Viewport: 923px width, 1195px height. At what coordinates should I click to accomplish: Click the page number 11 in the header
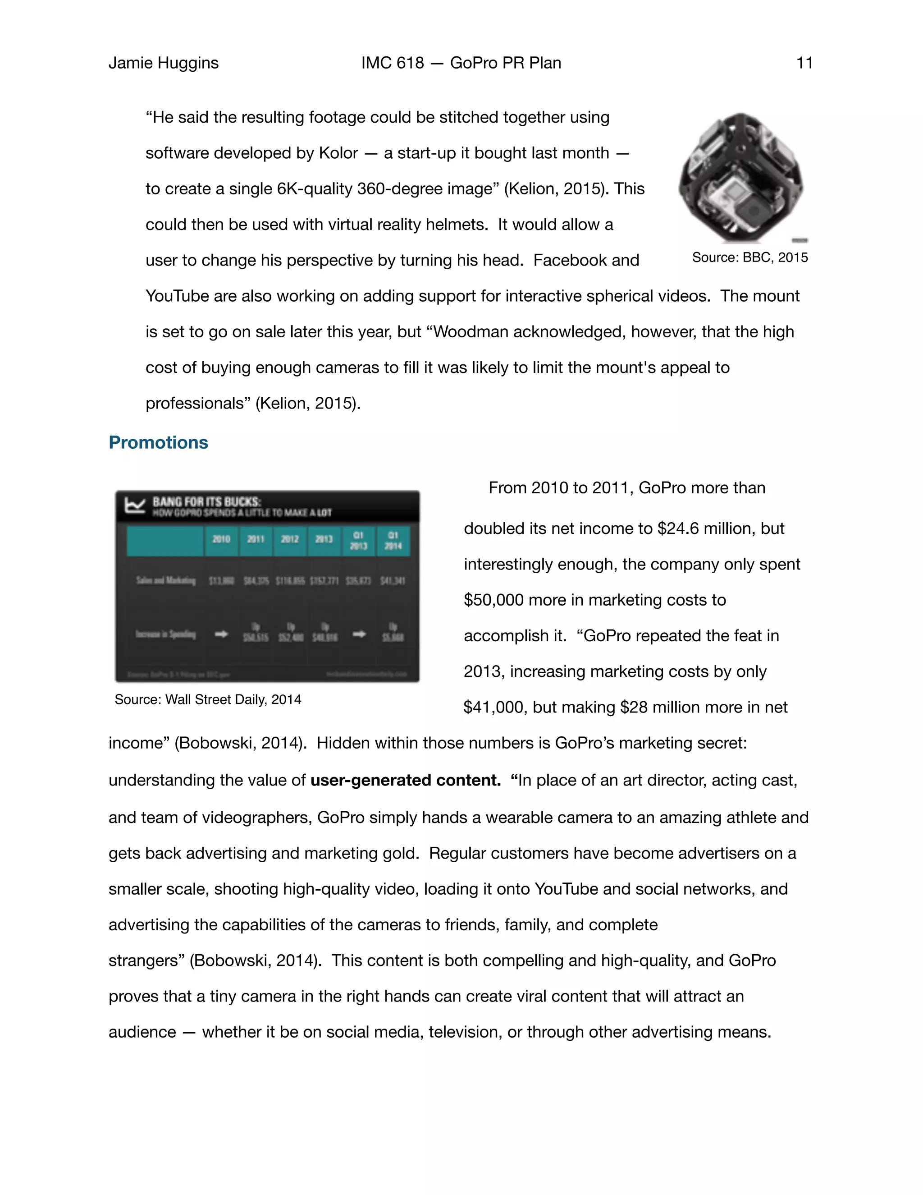click(x=804, y=63)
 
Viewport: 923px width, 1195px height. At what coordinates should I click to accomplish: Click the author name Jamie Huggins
click(x=164, y=63)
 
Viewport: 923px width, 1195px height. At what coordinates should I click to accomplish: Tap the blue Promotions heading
click(x=158, y=442)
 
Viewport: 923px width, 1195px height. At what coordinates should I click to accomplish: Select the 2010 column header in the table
click(x=221, y=539)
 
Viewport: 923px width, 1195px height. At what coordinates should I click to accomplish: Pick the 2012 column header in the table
click(x=290, y=539)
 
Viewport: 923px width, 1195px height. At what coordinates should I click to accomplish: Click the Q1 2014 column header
click(x=393, y=540)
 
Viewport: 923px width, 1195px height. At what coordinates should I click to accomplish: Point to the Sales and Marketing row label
click(x=166, y=580)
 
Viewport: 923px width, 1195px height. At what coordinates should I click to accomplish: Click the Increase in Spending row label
click(x=166, y=634)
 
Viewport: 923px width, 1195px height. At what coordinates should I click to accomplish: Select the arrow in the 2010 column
click(x=221, y=634)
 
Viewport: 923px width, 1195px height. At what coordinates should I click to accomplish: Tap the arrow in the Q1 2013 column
click(x=359, y=634)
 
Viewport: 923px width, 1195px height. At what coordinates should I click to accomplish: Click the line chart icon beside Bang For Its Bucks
click(x=134, y=506)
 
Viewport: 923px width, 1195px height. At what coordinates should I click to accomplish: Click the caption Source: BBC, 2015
click(x=749, y=257)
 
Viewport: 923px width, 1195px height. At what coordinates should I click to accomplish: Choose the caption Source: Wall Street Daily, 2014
click(x=208, y=699)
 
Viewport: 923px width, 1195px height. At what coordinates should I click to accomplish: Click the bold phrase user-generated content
click(x=405, y=780)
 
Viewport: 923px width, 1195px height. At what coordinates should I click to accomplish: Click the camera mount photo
click(x=741, y=177)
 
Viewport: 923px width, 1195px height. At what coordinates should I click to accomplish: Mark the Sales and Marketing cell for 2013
click(x=324, y=580)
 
